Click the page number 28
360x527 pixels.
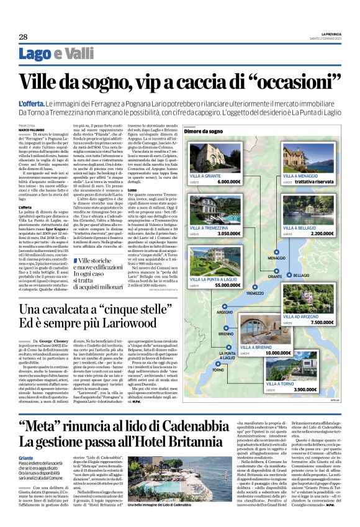coord(23,37)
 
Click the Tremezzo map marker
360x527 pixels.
coord(254,292)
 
